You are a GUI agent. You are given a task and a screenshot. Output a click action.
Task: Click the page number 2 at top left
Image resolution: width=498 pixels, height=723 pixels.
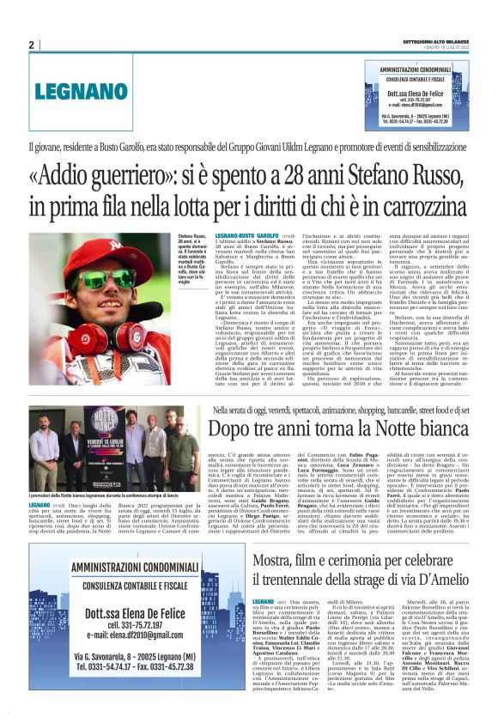(31, 45)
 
